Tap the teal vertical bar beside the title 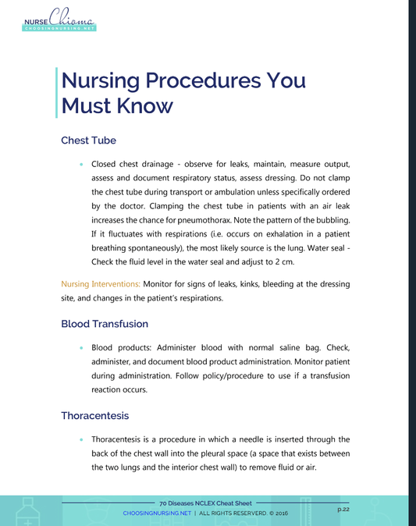click(x=57, y=92)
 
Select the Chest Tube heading click(x=88, y=140)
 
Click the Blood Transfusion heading click(x=105, y=323)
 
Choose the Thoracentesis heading click(x=94, y=415)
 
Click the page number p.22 click(x=343, y=508)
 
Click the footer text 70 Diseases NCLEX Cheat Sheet click(x=205, y=504)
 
